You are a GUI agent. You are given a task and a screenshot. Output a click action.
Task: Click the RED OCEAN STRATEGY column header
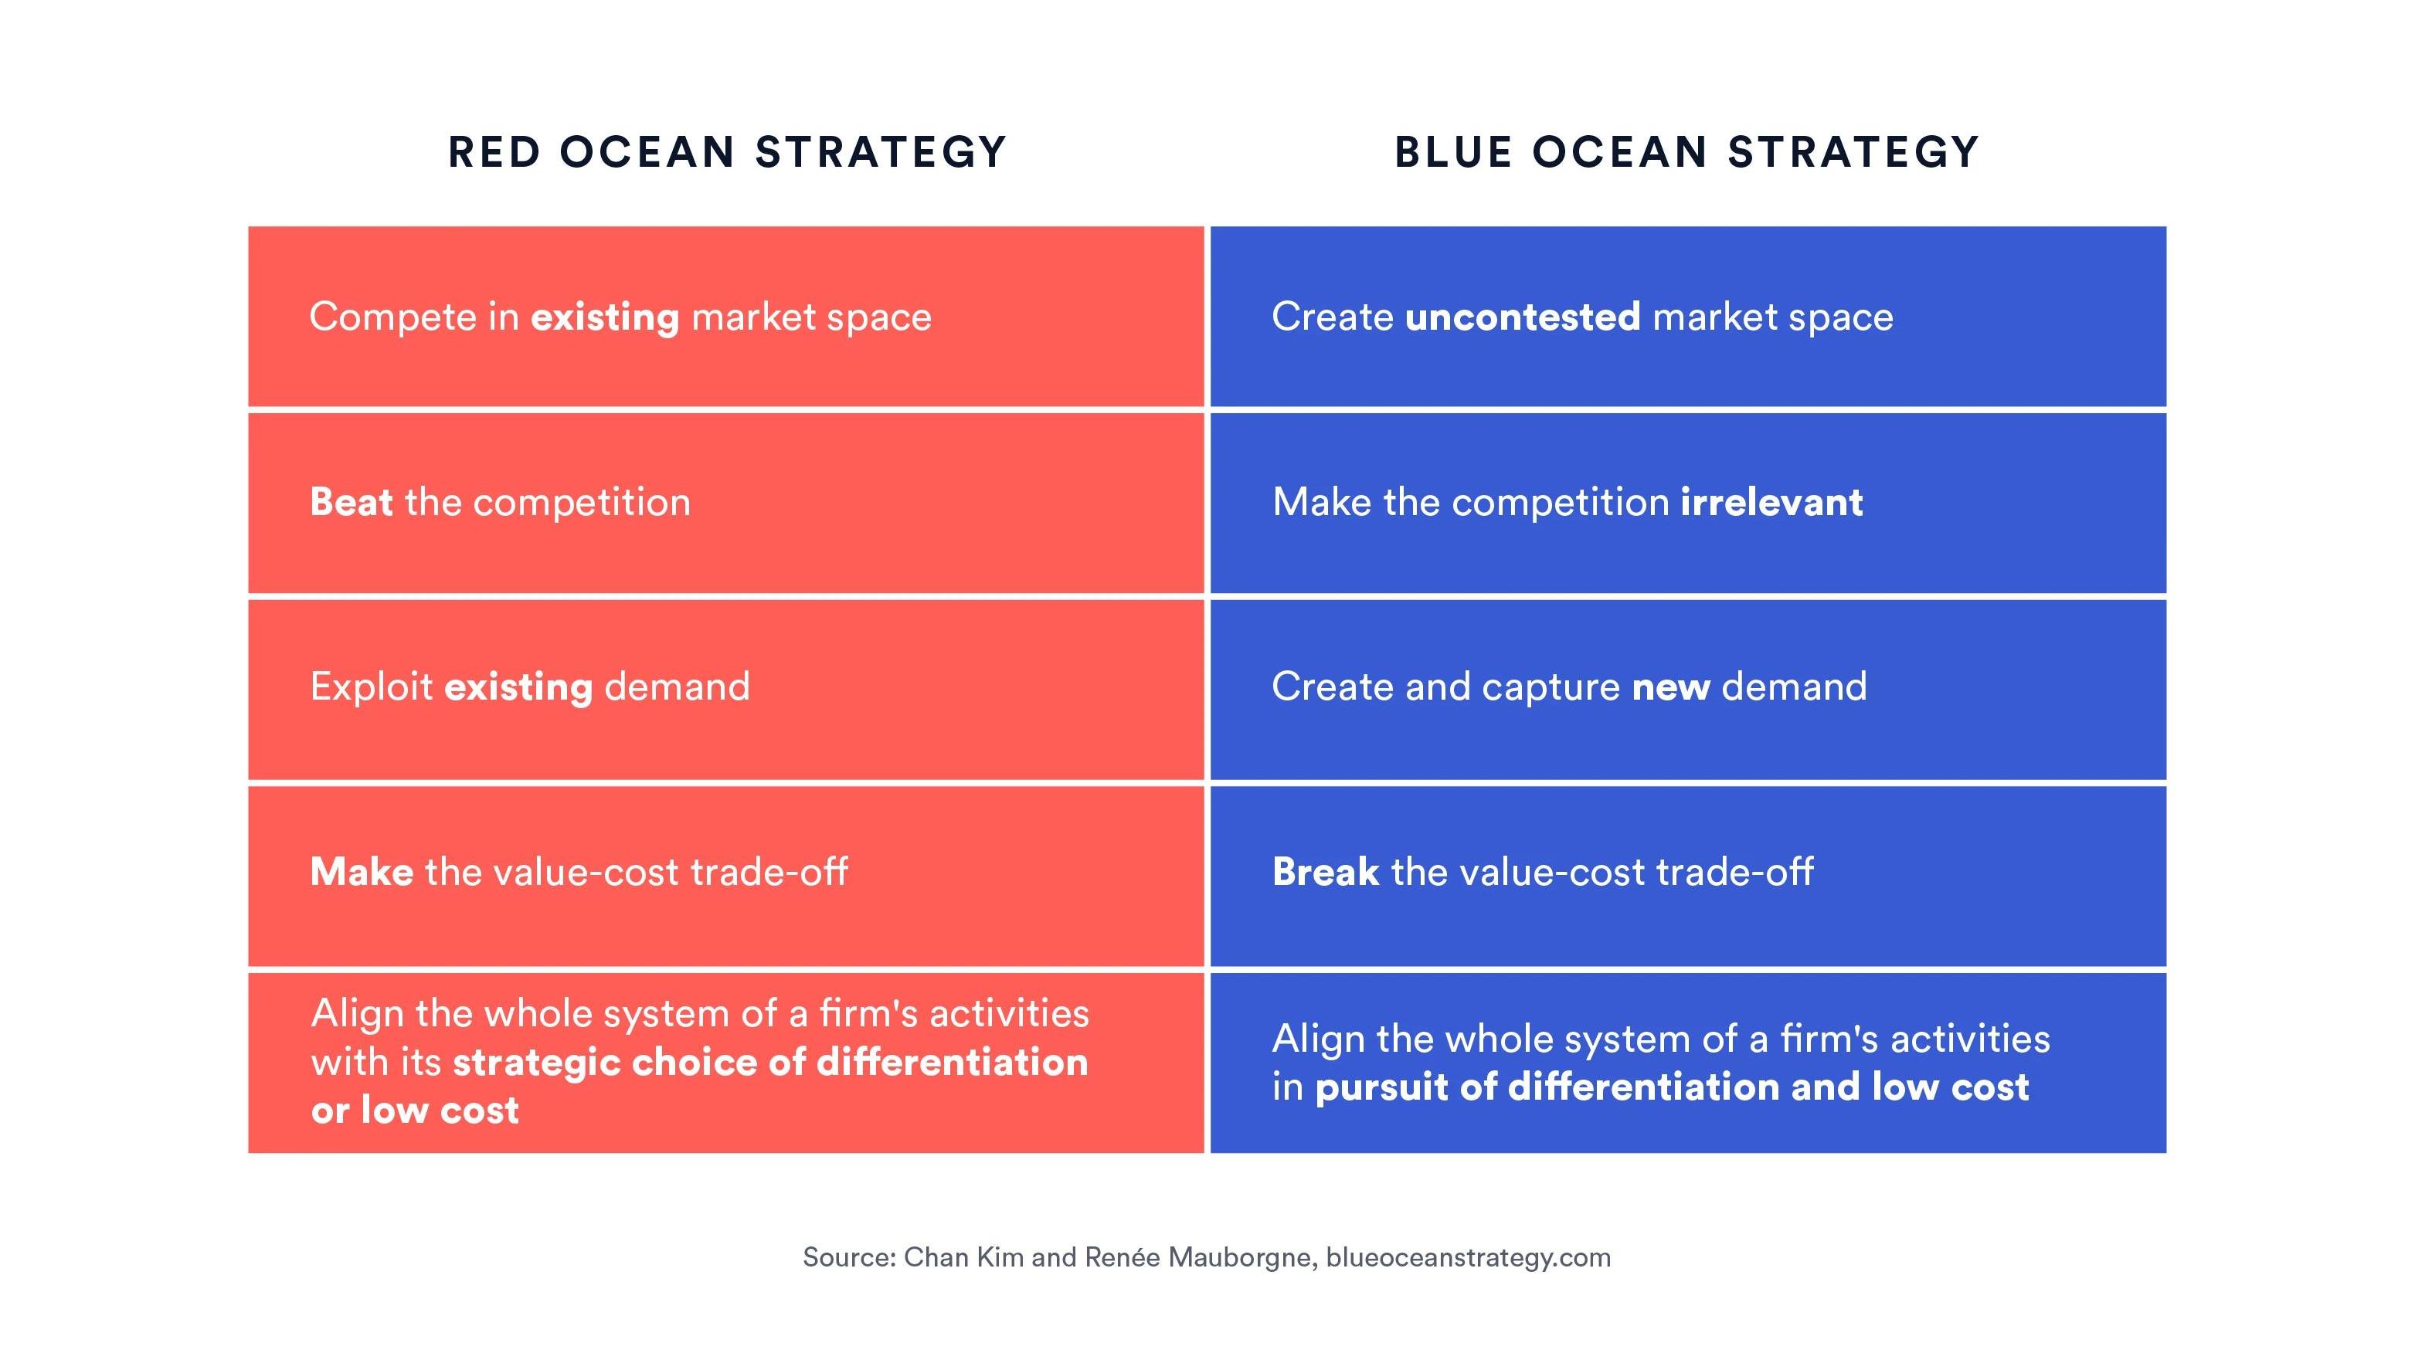726,152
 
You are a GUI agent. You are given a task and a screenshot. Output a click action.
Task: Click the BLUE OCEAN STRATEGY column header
1686,152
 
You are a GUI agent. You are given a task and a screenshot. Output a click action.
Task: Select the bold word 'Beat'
351,501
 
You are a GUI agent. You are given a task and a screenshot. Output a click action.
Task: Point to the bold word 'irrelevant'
1771,501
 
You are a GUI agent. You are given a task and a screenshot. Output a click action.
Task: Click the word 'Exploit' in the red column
372,687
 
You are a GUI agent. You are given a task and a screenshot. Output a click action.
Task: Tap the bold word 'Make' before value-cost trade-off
362,871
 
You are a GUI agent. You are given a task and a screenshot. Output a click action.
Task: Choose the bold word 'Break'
1325,871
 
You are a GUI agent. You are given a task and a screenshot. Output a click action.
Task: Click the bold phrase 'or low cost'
415,1111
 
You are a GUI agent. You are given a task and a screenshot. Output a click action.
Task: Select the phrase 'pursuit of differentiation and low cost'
1672,1087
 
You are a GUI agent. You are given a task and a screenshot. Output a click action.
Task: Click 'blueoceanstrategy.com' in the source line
1468,1258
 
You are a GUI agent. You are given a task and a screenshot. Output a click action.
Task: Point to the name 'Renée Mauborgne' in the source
1200,1257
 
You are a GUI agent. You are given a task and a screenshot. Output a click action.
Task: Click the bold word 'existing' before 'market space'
605,317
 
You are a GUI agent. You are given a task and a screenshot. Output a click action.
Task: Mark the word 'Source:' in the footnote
849,1257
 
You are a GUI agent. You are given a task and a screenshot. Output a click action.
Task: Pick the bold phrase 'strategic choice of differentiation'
770,1063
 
